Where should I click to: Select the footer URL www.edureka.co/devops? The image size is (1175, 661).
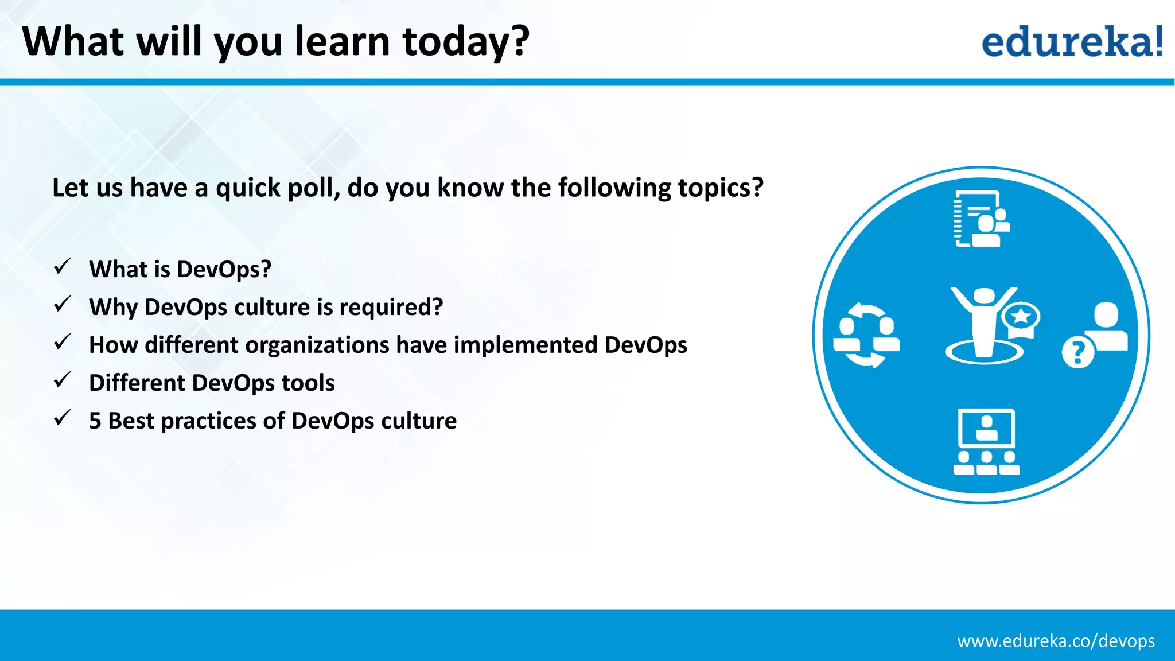pos(1056,641)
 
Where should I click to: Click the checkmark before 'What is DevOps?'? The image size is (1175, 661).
pos(62,267)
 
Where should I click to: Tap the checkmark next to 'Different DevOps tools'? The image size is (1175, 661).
pos(62,380)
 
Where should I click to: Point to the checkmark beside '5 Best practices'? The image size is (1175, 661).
pos(62,418)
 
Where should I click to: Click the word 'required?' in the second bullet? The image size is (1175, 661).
pos(391,308)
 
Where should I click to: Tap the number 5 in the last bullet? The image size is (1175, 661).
pos(95,421)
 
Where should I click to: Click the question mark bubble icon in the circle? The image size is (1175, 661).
pos(1078,352)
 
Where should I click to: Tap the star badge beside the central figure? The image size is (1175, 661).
pos(1021,317)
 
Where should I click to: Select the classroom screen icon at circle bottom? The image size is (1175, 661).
pos(986,441)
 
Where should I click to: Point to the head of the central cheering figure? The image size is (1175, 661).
pos(984,295)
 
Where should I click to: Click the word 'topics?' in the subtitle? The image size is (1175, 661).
pos(721,188)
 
